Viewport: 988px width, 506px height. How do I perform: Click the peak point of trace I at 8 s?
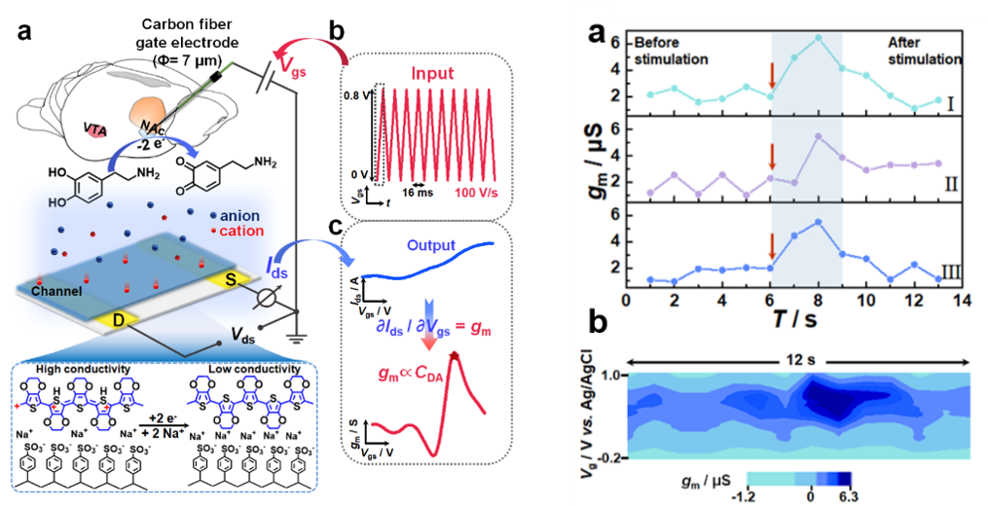819,37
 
